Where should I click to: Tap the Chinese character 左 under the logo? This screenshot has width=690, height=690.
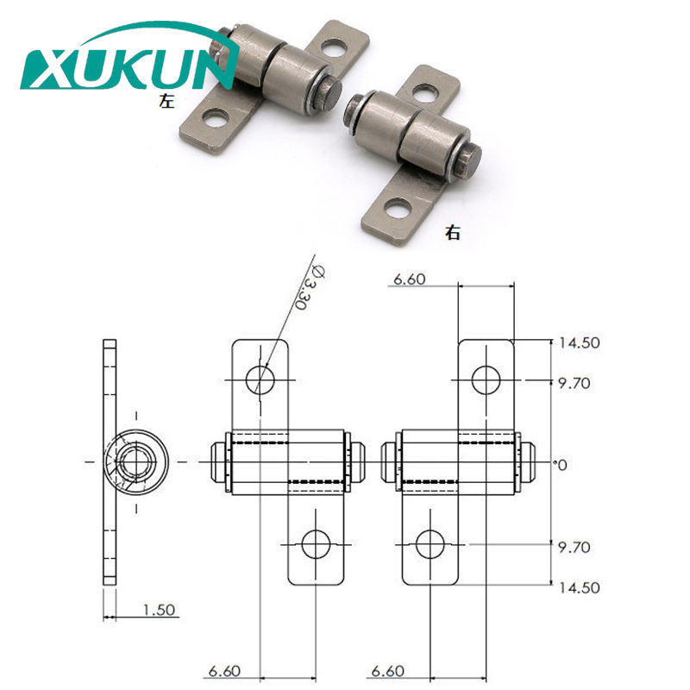[x=166, y=101]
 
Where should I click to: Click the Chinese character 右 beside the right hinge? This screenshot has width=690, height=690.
[x=452, y=232]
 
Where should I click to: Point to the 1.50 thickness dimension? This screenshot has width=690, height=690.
[x=159, y=610]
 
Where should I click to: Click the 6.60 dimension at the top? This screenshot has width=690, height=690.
[x=409, y=279]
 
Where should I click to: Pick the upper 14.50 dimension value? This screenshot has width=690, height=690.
[x=579, y=342]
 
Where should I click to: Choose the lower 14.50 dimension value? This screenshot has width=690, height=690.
[x=579, y=587]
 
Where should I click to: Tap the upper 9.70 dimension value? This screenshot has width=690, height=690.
[x=574, y=383]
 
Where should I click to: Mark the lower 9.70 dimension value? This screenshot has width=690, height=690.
[x=574, y=547]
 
